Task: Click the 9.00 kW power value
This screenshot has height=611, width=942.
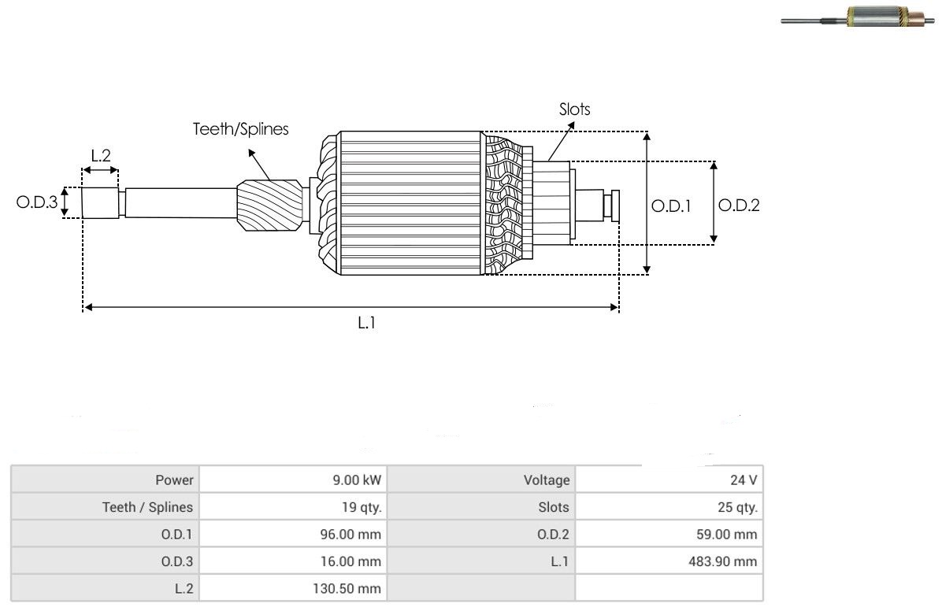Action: [x=357, y=480]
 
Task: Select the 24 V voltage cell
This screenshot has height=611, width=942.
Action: [x=744, y=480]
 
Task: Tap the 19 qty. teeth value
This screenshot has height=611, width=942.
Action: [x=362, y=507]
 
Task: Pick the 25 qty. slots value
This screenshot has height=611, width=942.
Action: [x=738, y=507]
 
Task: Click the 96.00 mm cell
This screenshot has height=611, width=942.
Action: [x=350, y=534]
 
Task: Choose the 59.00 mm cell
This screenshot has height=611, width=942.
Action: [x=726, y=534]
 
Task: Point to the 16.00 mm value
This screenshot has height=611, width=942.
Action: [x=350, y=561]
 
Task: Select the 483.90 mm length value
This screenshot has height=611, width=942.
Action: [x=723, y=561]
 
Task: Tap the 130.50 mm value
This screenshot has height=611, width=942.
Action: [x=347, y=588]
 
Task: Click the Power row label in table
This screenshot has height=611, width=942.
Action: [x=174, y=480]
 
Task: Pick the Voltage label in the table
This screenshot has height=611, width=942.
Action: [x=547, y=480]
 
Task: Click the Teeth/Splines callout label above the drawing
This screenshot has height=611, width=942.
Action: [x=240, y=129]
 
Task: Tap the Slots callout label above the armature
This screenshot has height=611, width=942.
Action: [x=574, y=109]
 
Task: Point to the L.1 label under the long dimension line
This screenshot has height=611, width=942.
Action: [x=366, y=323]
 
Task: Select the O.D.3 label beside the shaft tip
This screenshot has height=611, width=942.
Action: [x=37, y=202]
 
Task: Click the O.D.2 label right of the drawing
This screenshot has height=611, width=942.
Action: [x=739, y=206]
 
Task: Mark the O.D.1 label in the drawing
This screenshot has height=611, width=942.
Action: [x=671, y=206]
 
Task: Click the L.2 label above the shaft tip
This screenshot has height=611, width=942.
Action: [x=101, y=156]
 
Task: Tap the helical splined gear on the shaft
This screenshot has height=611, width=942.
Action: [x=269, y=206]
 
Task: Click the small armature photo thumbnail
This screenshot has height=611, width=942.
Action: [x=858, y=17]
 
